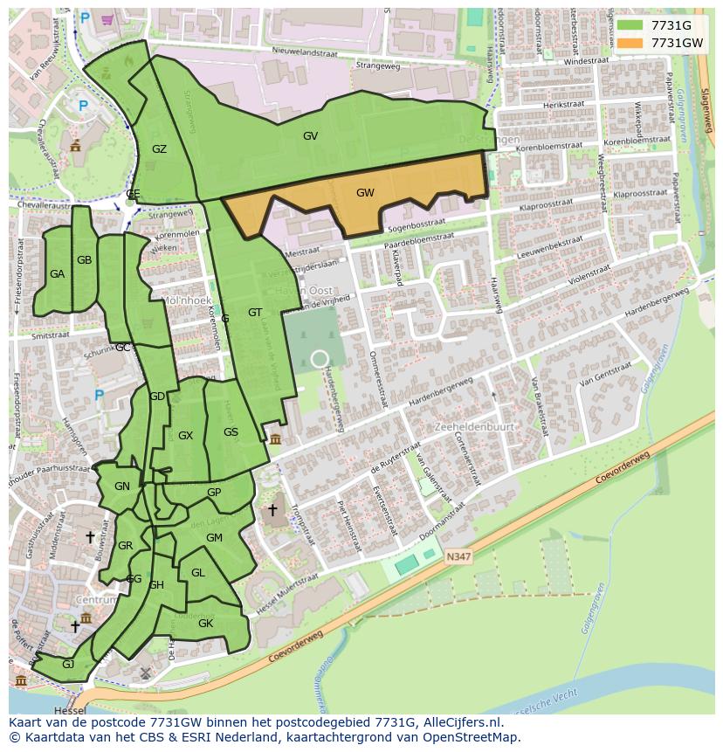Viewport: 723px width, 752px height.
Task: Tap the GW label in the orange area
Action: [365, 193]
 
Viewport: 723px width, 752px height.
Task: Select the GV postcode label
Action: [310, 136]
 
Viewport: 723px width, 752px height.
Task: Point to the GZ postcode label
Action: [159, 149]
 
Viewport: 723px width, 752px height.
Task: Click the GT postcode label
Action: [255, 313]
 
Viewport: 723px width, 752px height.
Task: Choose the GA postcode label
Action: [57, 274]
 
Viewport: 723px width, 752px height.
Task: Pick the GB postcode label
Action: [84, 260]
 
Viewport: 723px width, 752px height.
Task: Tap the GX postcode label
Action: [185, 436]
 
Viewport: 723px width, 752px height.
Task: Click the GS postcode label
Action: [231, 432]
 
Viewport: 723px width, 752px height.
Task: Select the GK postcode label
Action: [205, 624]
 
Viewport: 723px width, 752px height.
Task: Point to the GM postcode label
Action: [214, 538]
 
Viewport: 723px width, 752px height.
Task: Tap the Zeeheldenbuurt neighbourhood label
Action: [473, 427]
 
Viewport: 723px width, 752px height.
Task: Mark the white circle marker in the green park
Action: [320, 358]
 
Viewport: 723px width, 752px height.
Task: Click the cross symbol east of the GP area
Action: [272, 509]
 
